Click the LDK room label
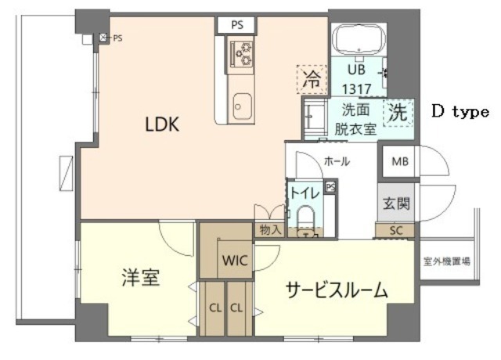(x=162, y=124)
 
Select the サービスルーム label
(x=337, y=291)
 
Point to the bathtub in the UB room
(x=356, y=39)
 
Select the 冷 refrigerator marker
(x=312, y=77)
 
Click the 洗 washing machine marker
(x=399, y=112)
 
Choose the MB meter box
(x=400, y=162)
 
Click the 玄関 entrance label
(x=395, y=204)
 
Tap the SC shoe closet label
(x=395, y=229)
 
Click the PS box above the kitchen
(x=237, y=24)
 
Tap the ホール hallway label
(x=337, y=162)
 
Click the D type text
(x=460, y=111)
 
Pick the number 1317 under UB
(x=357, y=85)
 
